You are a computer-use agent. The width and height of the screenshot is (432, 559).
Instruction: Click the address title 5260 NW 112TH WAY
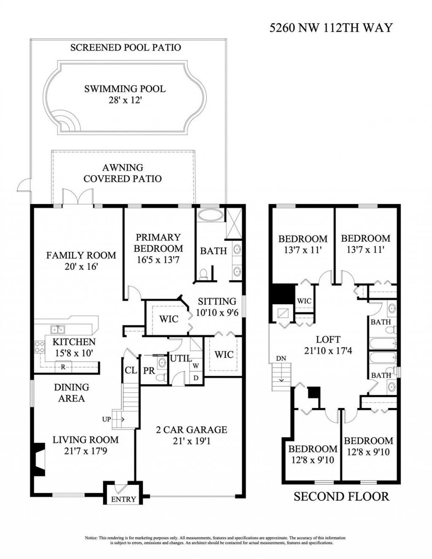pos(331,28)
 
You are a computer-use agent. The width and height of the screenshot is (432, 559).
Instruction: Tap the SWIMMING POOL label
pos(124,89)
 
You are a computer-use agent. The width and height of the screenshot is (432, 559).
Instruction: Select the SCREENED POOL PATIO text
pos(125,47)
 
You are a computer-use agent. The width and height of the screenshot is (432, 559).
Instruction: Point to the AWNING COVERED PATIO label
pos(122,173)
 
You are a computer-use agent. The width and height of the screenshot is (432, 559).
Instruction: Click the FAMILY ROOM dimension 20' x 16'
pos(81,267)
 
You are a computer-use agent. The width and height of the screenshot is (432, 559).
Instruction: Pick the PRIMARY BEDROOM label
pos(158,243)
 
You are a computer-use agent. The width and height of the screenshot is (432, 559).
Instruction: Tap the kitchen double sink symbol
pos(57,329)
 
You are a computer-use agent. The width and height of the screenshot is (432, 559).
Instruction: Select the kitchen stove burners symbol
pos(40,347)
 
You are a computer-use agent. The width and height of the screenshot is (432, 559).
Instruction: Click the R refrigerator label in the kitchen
pos(63,367)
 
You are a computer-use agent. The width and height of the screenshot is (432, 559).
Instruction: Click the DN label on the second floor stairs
pos(281,358)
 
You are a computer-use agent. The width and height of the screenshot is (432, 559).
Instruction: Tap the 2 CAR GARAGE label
pos(191,429)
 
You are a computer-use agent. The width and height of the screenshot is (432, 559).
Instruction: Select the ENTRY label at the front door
pos(123,499)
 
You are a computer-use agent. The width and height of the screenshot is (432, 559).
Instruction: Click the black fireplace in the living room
pos(38,459)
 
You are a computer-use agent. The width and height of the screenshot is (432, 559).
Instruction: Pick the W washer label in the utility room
pos(196,366)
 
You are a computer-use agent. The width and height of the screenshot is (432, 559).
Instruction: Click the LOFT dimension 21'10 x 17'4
pos(328,350)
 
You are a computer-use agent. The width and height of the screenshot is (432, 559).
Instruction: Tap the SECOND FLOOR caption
pos(341,496)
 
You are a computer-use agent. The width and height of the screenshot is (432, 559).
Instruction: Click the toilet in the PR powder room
pos(160,378)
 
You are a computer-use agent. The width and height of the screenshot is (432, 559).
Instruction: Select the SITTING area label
pos(217,301)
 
